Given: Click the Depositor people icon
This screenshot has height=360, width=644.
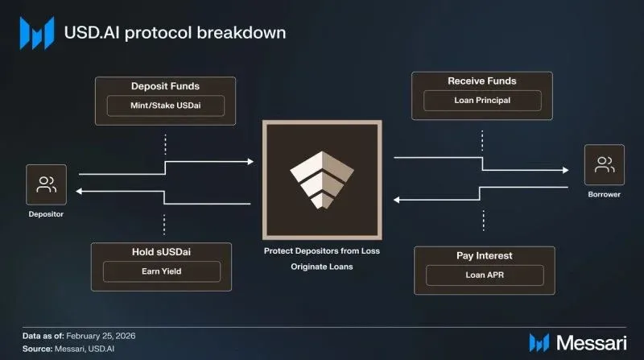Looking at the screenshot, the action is (x=46, y=184).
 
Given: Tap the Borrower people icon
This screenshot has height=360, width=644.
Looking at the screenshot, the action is (x=604, y=167).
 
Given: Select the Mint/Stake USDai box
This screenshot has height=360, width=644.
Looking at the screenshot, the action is (x=165, y=106).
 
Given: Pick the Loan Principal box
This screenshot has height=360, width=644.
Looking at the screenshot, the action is (x=482, y=101).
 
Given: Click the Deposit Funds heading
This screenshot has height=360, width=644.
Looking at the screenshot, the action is (x=165, y=85).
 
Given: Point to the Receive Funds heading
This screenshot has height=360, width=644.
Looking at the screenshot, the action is (x=482, y=81).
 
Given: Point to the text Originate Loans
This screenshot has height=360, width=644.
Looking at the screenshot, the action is (x=321, y=266).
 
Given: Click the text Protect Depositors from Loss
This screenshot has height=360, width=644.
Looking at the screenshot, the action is (x=322, y=250).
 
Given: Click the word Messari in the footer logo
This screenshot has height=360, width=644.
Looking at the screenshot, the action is (x=597, y=341).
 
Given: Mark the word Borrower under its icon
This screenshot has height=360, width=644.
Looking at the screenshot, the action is (x=604, y=195).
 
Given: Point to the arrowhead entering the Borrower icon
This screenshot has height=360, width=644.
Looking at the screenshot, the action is (x=581, y=170).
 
